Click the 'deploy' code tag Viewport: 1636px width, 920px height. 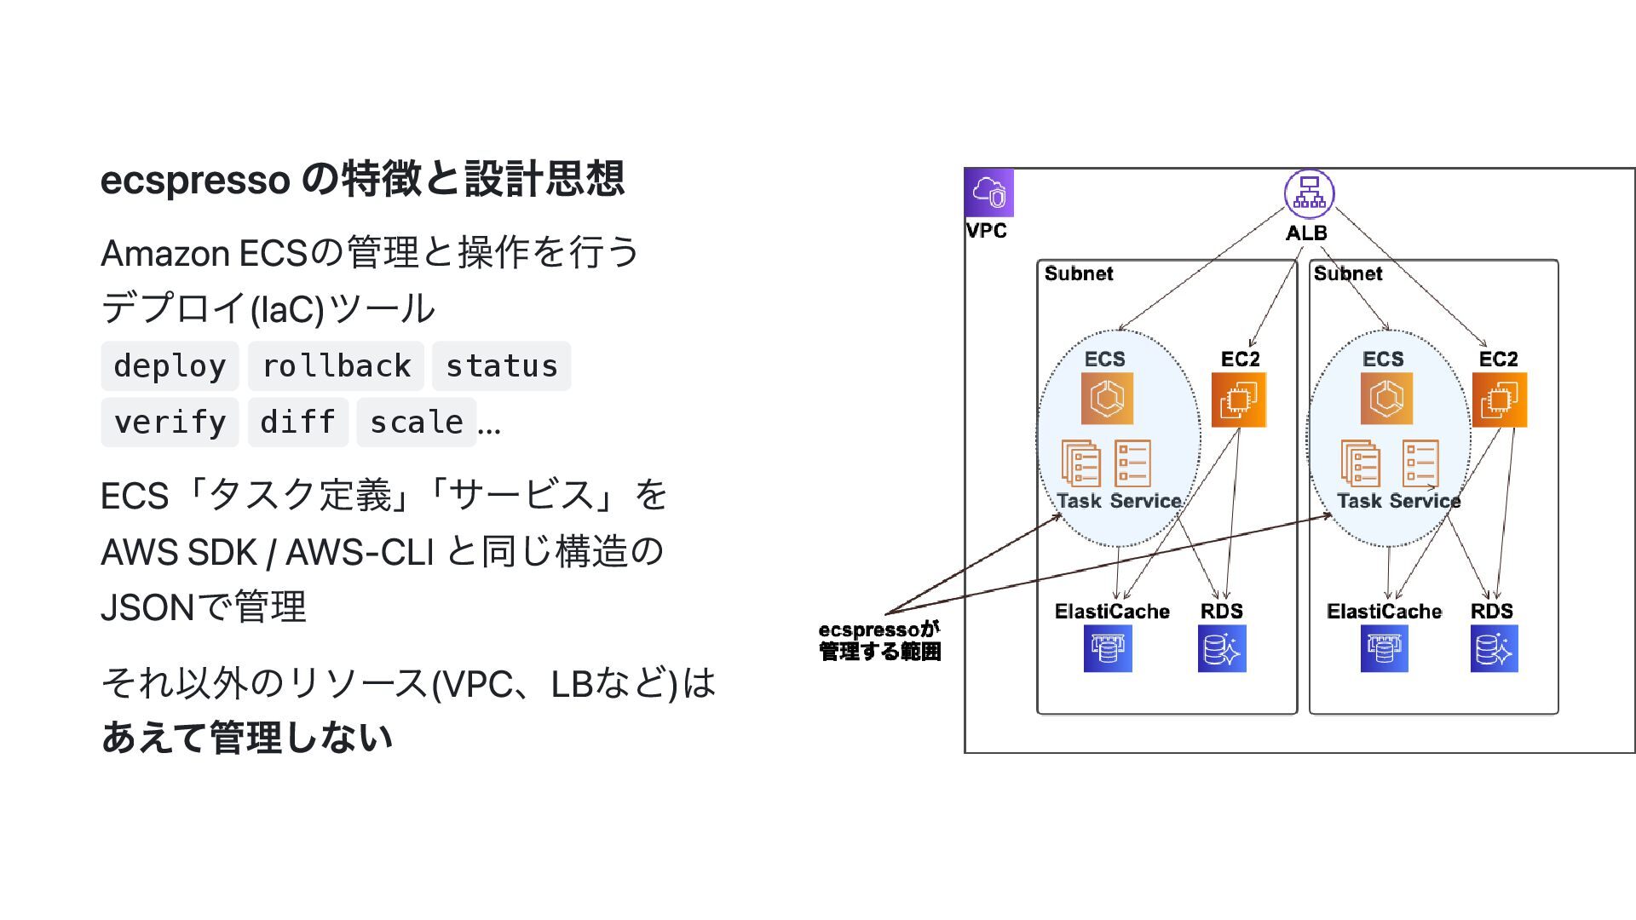pos(170,366)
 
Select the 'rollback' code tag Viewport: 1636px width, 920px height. pos(336,366)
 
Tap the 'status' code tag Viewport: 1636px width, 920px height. pos(501,366)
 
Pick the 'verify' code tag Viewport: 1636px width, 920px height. pos(170,423)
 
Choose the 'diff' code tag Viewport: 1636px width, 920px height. pos(297,423)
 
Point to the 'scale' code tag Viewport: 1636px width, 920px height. pos(416,423)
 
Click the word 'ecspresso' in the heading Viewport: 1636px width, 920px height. pos(194,180)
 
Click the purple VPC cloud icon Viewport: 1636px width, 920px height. pos(988,193)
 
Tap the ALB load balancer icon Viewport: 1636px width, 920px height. pos(1309,194)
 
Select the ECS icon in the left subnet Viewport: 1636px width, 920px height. pos(1107,398)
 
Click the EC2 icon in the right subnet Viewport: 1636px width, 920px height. pos(1499,400)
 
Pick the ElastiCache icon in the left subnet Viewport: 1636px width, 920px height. pos(1108,648)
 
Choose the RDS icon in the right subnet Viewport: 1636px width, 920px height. pos(1494,648)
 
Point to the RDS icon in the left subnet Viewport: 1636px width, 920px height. pos(1222,648)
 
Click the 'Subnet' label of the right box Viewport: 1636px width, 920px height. pos(1347,273)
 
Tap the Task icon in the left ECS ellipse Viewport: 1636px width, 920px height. pos(1080,463)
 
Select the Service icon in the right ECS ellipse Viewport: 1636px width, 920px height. pos(1420,463)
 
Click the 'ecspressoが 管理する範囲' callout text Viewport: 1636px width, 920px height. pos(879,641)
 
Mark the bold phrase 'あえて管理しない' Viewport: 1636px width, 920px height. pos(246,738)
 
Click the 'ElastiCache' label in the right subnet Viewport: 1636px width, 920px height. pos(1384,612)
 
